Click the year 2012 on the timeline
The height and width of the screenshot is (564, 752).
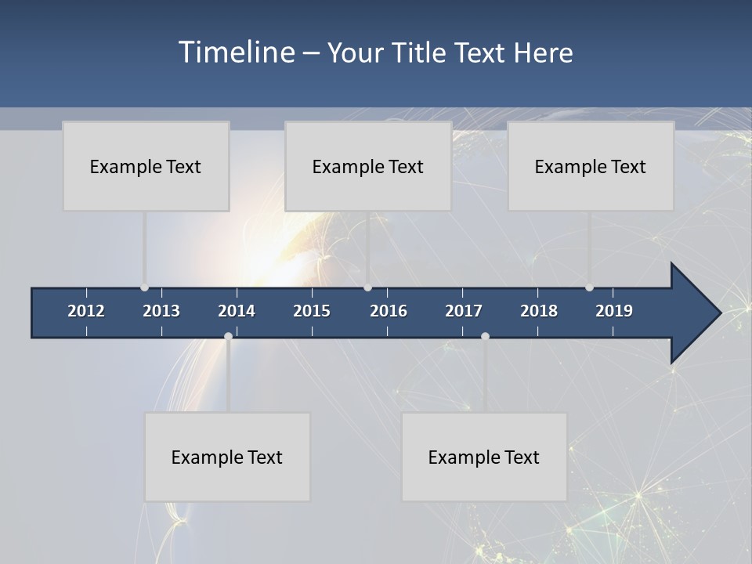coord(86,311)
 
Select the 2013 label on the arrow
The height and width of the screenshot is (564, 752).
coord(161,311)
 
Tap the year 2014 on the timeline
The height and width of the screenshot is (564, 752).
coord(237,311)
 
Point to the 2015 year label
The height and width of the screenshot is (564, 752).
coord(312,311)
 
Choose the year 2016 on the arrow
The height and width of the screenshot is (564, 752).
coord(389,311)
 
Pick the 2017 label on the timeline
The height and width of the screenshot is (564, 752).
coord(464,311)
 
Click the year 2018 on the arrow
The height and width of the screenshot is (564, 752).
coord(539,311)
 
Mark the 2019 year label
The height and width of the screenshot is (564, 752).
coord(614,311)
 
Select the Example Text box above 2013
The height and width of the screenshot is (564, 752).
coord(146,166)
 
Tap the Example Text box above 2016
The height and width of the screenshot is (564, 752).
coord(368,166)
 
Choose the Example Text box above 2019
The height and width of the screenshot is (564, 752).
coord(591,166)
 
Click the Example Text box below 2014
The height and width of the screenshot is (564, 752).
coord(227,457)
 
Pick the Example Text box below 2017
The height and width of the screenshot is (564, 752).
coord(484,457)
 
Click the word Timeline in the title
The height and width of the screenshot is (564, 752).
coord(236,52)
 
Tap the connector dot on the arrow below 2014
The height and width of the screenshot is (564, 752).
coord(228,336)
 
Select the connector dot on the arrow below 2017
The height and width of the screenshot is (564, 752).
coord(485,336)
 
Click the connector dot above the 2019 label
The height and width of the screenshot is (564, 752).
coord(589,287)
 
